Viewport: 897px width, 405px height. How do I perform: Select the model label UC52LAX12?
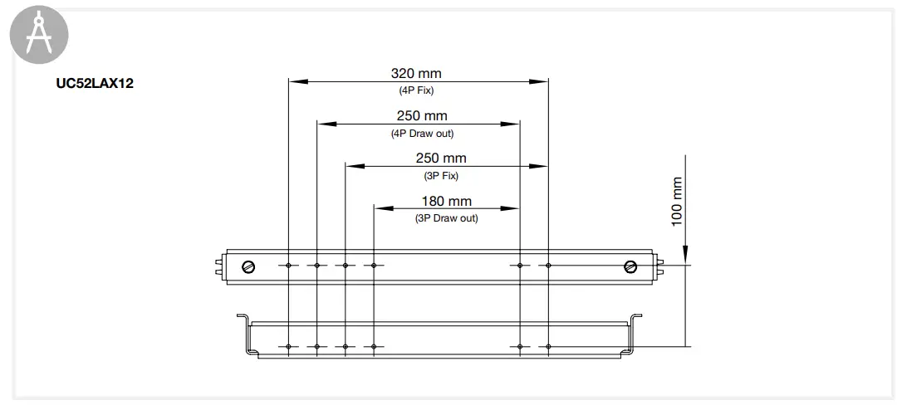point(94,85)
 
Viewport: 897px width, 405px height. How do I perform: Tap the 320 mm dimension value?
point(416,74)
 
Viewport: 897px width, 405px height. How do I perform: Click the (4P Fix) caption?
point(416,90)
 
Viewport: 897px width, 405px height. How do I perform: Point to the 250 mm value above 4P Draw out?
point(421,116)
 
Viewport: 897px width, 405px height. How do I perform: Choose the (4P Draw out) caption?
point(422,133)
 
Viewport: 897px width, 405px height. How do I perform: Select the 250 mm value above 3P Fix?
point(440,159)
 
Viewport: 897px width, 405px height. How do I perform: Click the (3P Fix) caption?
point(440,175)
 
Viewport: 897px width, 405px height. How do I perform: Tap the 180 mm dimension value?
point(446,201)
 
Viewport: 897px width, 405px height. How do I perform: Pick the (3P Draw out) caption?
point(446,217)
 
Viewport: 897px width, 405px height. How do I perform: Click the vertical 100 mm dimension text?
point(676,202)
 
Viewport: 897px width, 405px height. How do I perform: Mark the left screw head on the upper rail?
point(248,266)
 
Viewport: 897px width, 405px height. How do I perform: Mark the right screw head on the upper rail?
point(630,266)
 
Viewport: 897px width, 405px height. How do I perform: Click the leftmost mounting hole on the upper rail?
point(288,266)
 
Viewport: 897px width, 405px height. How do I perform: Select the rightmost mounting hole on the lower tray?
point(547,345)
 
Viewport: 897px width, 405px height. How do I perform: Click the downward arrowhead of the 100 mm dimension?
point(686,257)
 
